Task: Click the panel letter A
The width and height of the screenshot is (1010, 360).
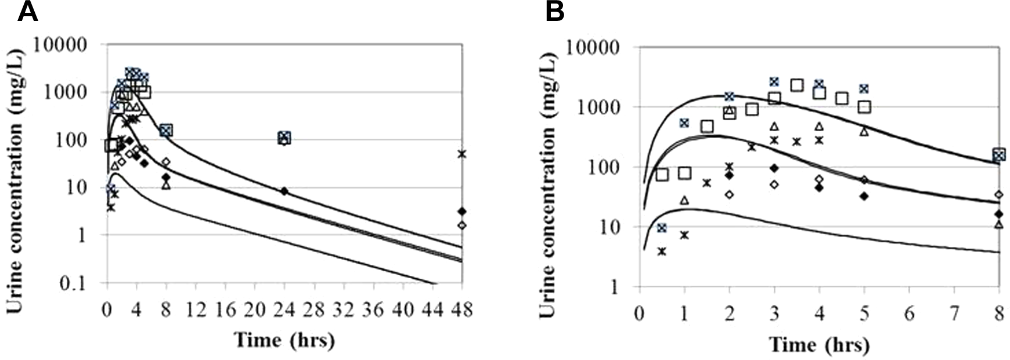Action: coord(27,12)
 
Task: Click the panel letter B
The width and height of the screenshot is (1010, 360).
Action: coord(554,12)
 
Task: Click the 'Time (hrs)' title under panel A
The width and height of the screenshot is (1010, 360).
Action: coord(284,339)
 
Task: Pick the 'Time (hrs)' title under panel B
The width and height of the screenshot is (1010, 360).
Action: coord(819,345)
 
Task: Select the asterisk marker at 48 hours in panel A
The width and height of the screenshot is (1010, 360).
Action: coord(462,154)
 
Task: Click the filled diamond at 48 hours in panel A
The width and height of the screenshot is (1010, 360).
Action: coord(462,211)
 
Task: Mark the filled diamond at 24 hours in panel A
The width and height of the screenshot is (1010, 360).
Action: coord(284,190)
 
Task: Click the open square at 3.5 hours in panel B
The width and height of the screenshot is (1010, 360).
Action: coord(797,85)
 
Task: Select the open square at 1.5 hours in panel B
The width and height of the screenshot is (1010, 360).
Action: coord(707,127)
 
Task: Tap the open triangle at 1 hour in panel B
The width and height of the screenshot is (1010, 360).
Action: coord(684,200)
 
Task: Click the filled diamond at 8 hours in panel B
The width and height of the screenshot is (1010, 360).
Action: coord(998,214)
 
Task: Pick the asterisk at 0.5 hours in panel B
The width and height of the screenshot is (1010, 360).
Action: coord(662,251)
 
